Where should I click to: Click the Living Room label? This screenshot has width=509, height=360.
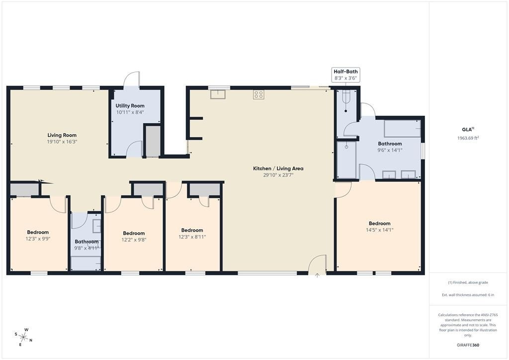click(x=62, y=135)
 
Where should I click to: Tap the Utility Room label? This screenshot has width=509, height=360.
click(x=130, y=105)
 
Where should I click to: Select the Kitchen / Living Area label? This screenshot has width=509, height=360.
click(x=278, y=168)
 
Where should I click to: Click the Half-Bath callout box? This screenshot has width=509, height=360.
click(x=346, y=75)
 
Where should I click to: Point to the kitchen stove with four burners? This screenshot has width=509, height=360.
click(x=258, y=94)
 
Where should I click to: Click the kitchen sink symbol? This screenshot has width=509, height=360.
click(x=218, y=94)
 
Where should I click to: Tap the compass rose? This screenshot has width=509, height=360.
click(x=24, y=337)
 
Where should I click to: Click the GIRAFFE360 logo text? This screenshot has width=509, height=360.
click(x=468, y=345)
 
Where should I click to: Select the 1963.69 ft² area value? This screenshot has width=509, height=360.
click(x=468, y=138)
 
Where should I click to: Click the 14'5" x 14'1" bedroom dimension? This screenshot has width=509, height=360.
click(x=379, y=230)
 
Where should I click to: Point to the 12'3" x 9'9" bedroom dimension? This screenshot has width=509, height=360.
click(x=38, y=239)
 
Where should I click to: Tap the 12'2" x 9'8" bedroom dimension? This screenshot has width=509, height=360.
click(x=134, y=240)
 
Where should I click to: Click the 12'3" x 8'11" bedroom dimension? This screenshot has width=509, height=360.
click(x=192, y=237)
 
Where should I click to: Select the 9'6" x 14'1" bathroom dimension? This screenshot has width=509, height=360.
click(x=390, y=150)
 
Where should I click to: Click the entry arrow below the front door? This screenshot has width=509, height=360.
click(x=317, y=275)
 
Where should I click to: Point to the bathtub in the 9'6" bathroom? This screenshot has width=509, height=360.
click(x=403, y=129)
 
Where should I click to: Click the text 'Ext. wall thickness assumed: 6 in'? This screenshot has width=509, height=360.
click(x=468, y=295)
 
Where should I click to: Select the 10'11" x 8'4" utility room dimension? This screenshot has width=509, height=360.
click(x=130, y=112)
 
